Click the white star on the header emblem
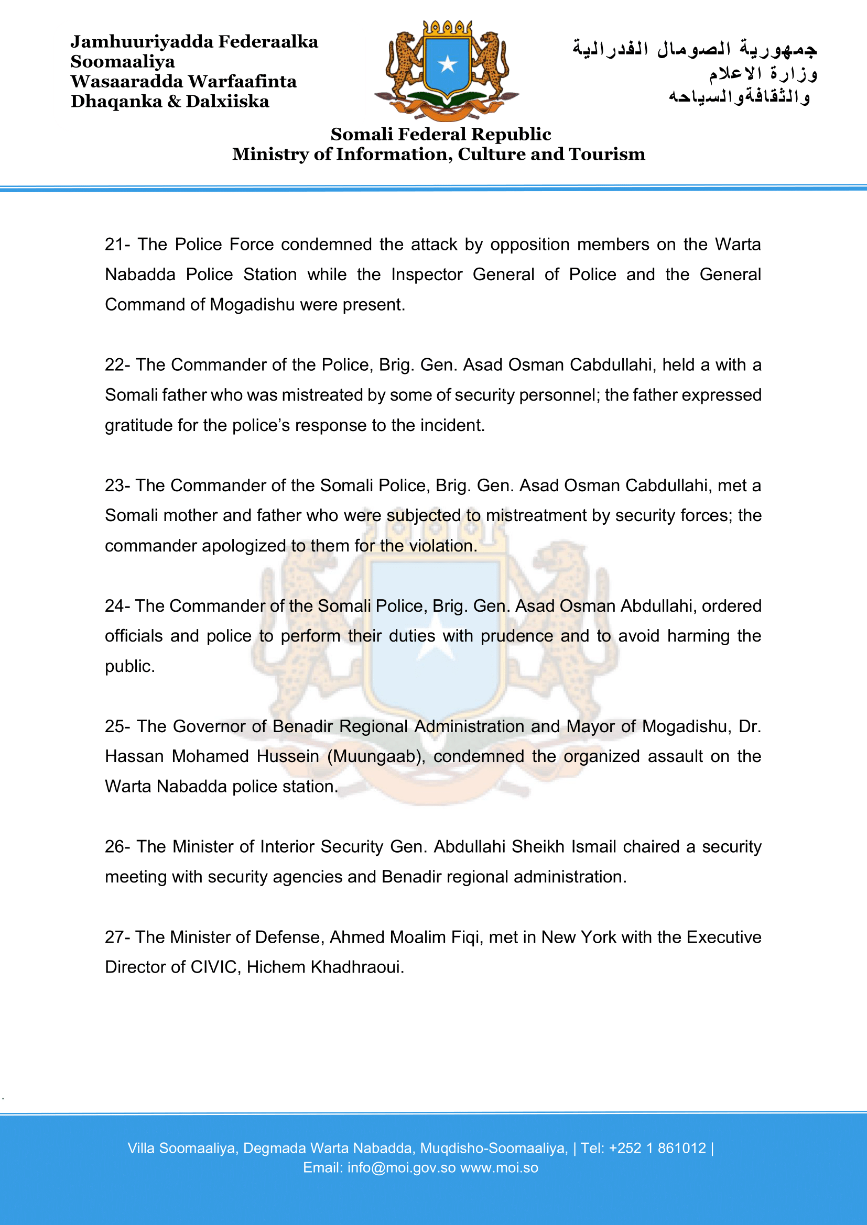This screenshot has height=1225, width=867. [447, 64]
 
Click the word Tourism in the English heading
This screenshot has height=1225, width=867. [607, 154]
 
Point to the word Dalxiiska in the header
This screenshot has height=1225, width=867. [227, 102]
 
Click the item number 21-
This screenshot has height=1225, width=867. [117, 245]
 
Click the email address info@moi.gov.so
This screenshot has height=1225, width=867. [402, 1168]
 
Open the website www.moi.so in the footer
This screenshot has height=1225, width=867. [499, 1168]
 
